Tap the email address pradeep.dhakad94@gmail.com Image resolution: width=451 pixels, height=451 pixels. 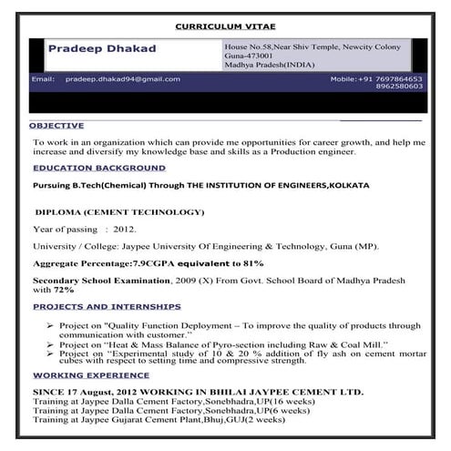click(x=122, y=79)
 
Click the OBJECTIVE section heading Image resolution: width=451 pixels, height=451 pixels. click(x=56, y=125)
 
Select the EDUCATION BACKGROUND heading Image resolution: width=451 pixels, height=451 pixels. click(x=98, y=169)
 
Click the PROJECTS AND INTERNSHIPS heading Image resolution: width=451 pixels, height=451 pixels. click(x=107, y=306)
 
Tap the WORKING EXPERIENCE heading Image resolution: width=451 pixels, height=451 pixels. click(x=91, y=374)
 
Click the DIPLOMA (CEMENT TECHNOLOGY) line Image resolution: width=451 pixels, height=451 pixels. click(x=118, y=212)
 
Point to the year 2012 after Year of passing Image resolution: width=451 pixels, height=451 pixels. click(x=125, y=229)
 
